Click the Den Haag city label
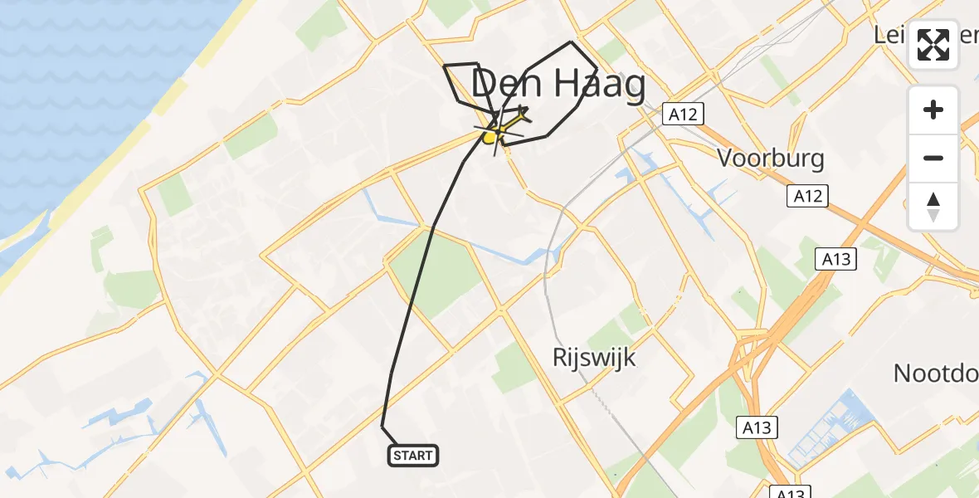click(x=558, y=86)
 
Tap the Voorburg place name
click(x=771, y=158)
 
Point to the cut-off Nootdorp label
click(x=936, y=373)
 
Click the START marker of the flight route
click(x=412, y=455)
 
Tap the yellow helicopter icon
click(x=492, y=134)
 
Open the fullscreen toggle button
click(x=933, y=46)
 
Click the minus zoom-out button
click(x=933, y=158)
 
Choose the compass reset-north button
click(x=933, y=206)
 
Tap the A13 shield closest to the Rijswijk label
click(x=756, y=428)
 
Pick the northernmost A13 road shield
click(x=835, y=260)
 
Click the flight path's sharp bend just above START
click(x=382, y=426)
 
